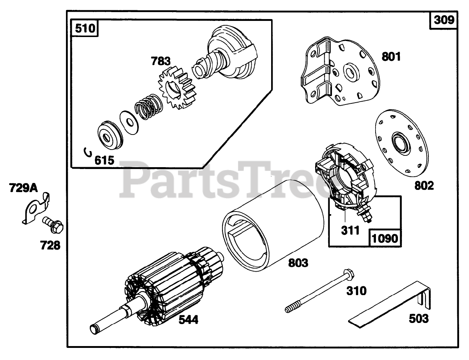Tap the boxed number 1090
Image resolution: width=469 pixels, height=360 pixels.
(x=385, y=238)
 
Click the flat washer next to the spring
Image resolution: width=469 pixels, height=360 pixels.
(x=128, y=119)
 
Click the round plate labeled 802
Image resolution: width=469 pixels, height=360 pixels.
(x=402, y=143)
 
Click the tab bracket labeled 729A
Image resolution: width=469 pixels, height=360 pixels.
(x=35, y=208)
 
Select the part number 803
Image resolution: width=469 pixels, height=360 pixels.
(x=298, y=262)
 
